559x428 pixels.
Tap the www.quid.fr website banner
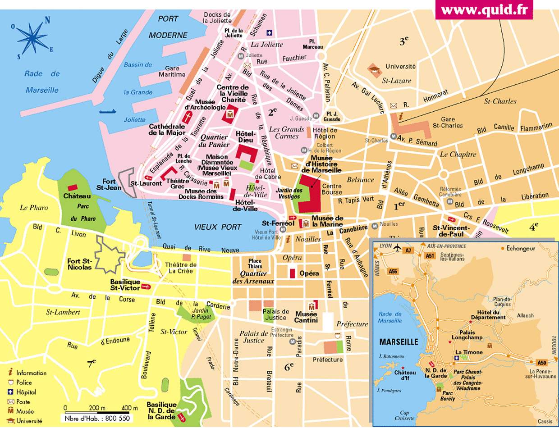[484, 9]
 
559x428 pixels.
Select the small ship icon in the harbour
[107, 111]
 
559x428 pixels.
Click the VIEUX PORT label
[218, 227]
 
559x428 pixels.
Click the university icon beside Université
[374, 68]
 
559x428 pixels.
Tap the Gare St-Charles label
[448, 123]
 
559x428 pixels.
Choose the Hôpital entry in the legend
[26, 392]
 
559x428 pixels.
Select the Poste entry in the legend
[23, 402]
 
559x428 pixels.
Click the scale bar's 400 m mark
[130, 408]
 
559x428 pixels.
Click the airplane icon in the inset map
[397, 247]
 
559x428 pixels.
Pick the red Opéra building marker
[292, 273]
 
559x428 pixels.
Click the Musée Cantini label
[306, 317]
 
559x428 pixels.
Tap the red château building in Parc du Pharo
[72, 187]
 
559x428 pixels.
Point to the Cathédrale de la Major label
[167, 130]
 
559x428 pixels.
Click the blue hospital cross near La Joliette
[270, 32]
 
